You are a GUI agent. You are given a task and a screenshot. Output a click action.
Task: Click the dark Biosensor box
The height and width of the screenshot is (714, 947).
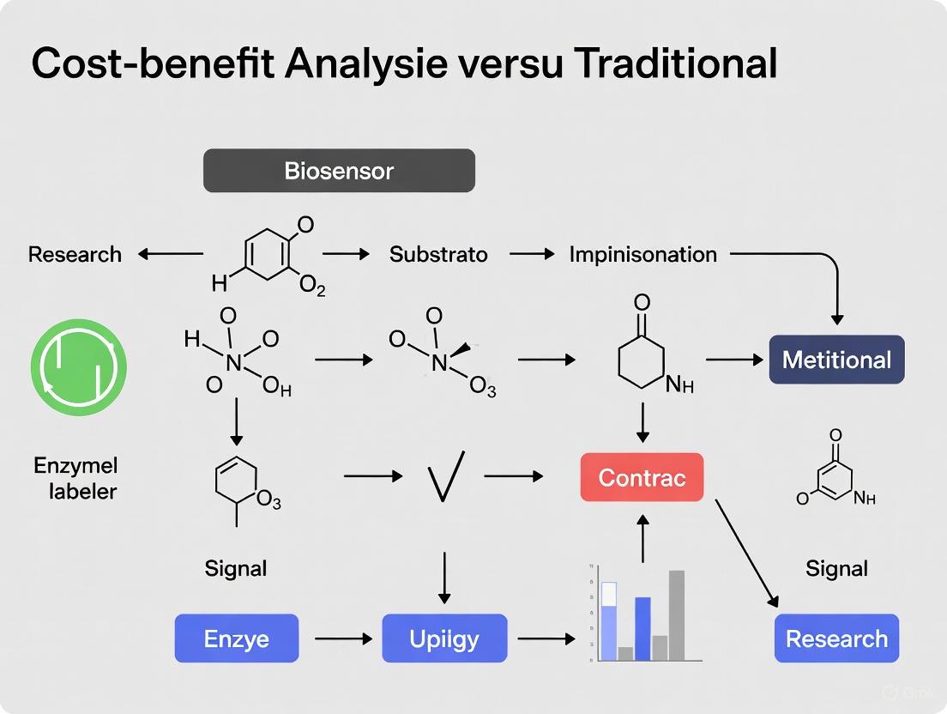[x=339, y=170]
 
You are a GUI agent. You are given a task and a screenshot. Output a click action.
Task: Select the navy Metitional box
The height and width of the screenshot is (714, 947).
[x=836, y=360]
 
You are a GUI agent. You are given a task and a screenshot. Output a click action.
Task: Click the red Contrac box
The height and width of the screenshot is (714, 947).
[x=642, y=477]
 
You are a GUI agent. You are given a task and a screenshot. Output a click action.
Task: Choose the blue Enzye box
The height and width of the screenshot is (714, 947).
[x=237, y=638]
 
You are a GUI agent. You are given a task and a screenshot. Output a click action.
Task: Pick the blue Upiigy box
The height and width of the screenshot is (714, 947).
[x=444, y=638]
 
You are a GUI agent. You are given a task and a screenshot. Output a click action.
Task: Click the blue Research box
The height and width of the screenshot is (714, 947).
[x=836, y=638]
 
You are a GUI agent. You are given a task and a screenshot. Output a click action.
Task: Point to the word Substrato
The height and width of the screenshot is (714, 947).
[x=438, y=254]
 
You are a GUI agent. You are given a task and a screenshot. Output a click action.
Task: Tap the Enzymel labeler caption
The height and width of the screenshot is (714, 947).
[x=75, y=478]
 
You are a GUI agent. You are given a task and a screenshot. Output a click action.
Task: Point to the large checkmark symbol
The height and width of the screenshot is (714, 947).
[x=445, y=475]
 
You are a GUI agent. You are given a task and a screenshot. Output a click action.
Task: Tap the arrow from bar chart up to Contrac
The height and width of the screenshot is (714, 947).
[x=642, y=537]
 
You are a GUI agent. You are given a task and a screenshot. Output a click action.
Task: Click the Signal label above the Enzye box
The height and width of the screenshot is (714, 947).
[x=236, y=568]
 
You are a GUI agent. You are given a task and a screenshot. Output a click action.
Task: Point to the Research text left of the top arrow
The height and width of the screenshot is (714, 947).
[x=75, y=254]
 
